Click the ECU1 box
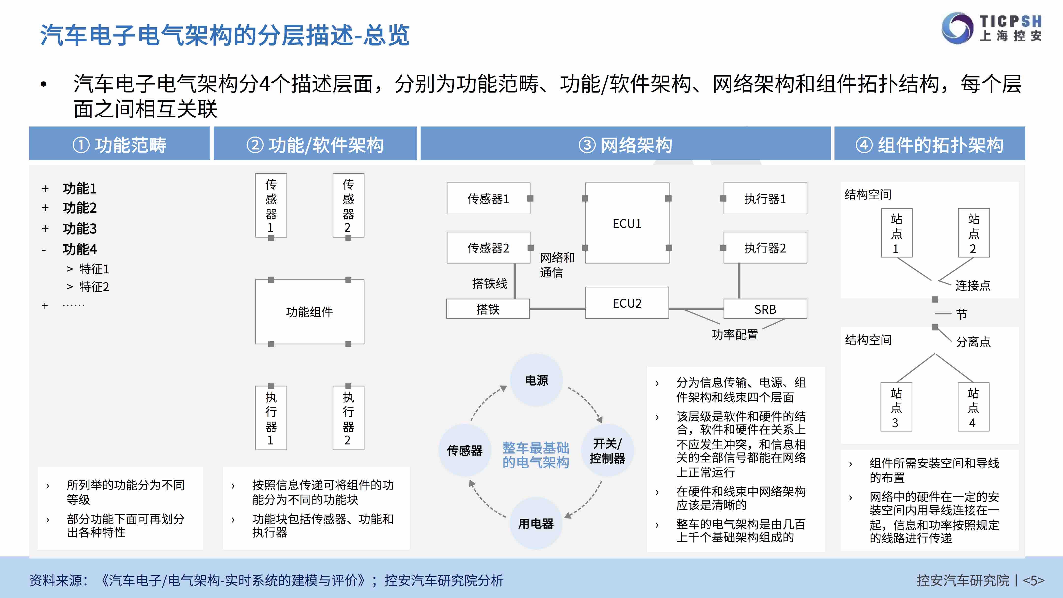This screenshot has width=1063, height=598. (x=627, y=223)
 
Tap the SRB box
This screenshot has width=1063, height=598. (x=765, y=309)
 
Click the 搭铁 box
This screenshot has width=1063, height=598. (x=488, y=309)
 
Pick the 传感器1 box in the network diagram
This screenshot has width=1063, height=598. (x=488, y=199)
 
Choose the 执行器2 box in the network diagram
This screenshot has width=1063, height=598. (x=765, y=248)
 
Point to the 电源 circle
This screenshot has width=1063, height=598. (x=536, y=380)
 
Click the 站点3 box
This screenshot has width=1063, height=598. (x=896, y=407)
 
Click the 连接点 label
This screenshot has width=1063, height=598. (x=973, y=285)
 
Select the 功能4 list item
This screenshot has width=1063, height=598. (x=79, y=249)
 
